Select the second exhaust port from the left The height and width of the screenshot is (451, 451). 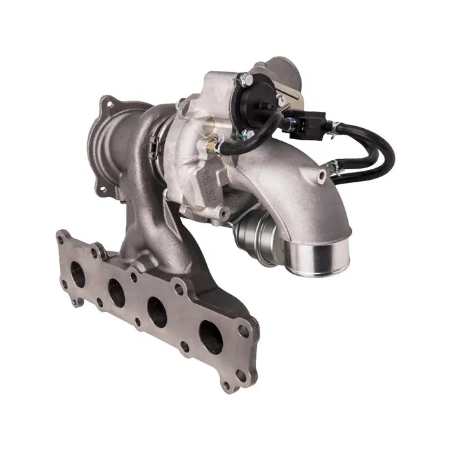[x=117, y=293]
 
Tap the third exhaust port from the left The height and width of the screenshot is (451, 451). [x=157, y=312]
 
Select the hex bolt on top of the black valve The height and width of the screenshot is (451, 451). [x=244, y=81]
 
